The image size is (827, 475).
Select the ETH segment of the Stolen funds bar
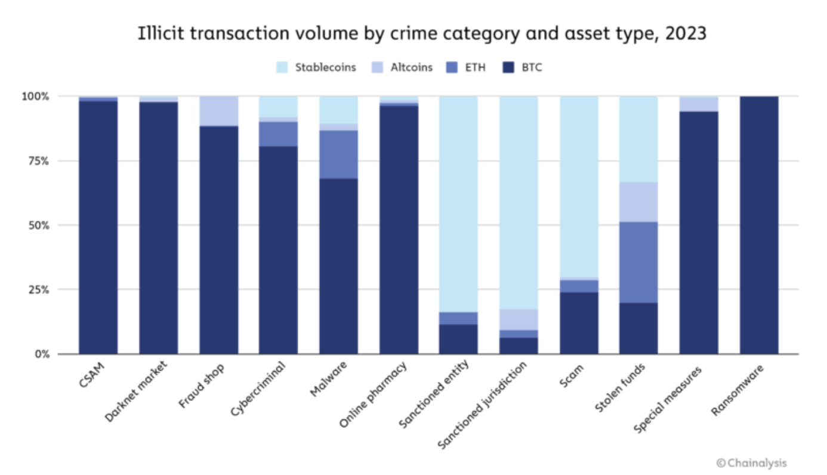pos(638,263)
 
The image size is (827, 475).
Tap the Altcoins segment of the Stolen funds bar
pos(638,202)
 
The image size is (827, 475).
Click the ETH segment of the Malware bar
pos(338,155)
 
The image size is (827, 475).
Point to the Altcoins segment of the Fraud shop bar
pos(218,111)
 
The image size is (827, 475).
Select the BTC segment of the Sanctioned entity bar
pos(458,339)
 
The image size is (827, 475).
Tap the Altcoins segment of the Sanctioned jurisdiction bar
pos(519,319)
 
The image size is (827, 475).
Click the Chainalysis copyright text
pos(751,462)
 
